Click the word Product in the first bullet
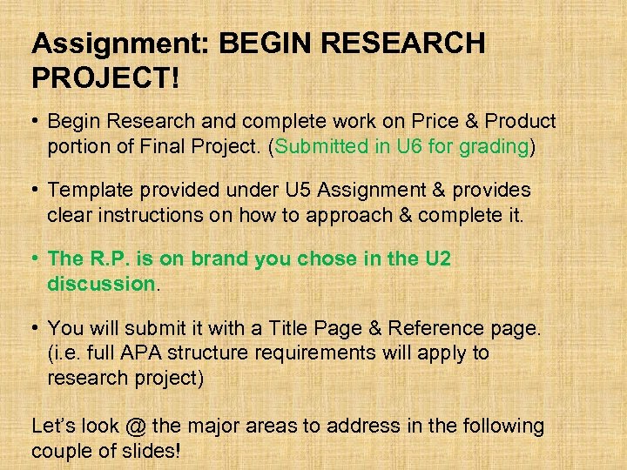click(x=521, y=122)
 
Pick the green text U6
click(x=409, y=146)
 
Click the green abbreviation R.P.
click(x=111, y=258)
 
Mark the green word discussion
click(x=100, y=283)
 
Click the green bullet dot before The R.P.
click(x=35, y=258)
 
